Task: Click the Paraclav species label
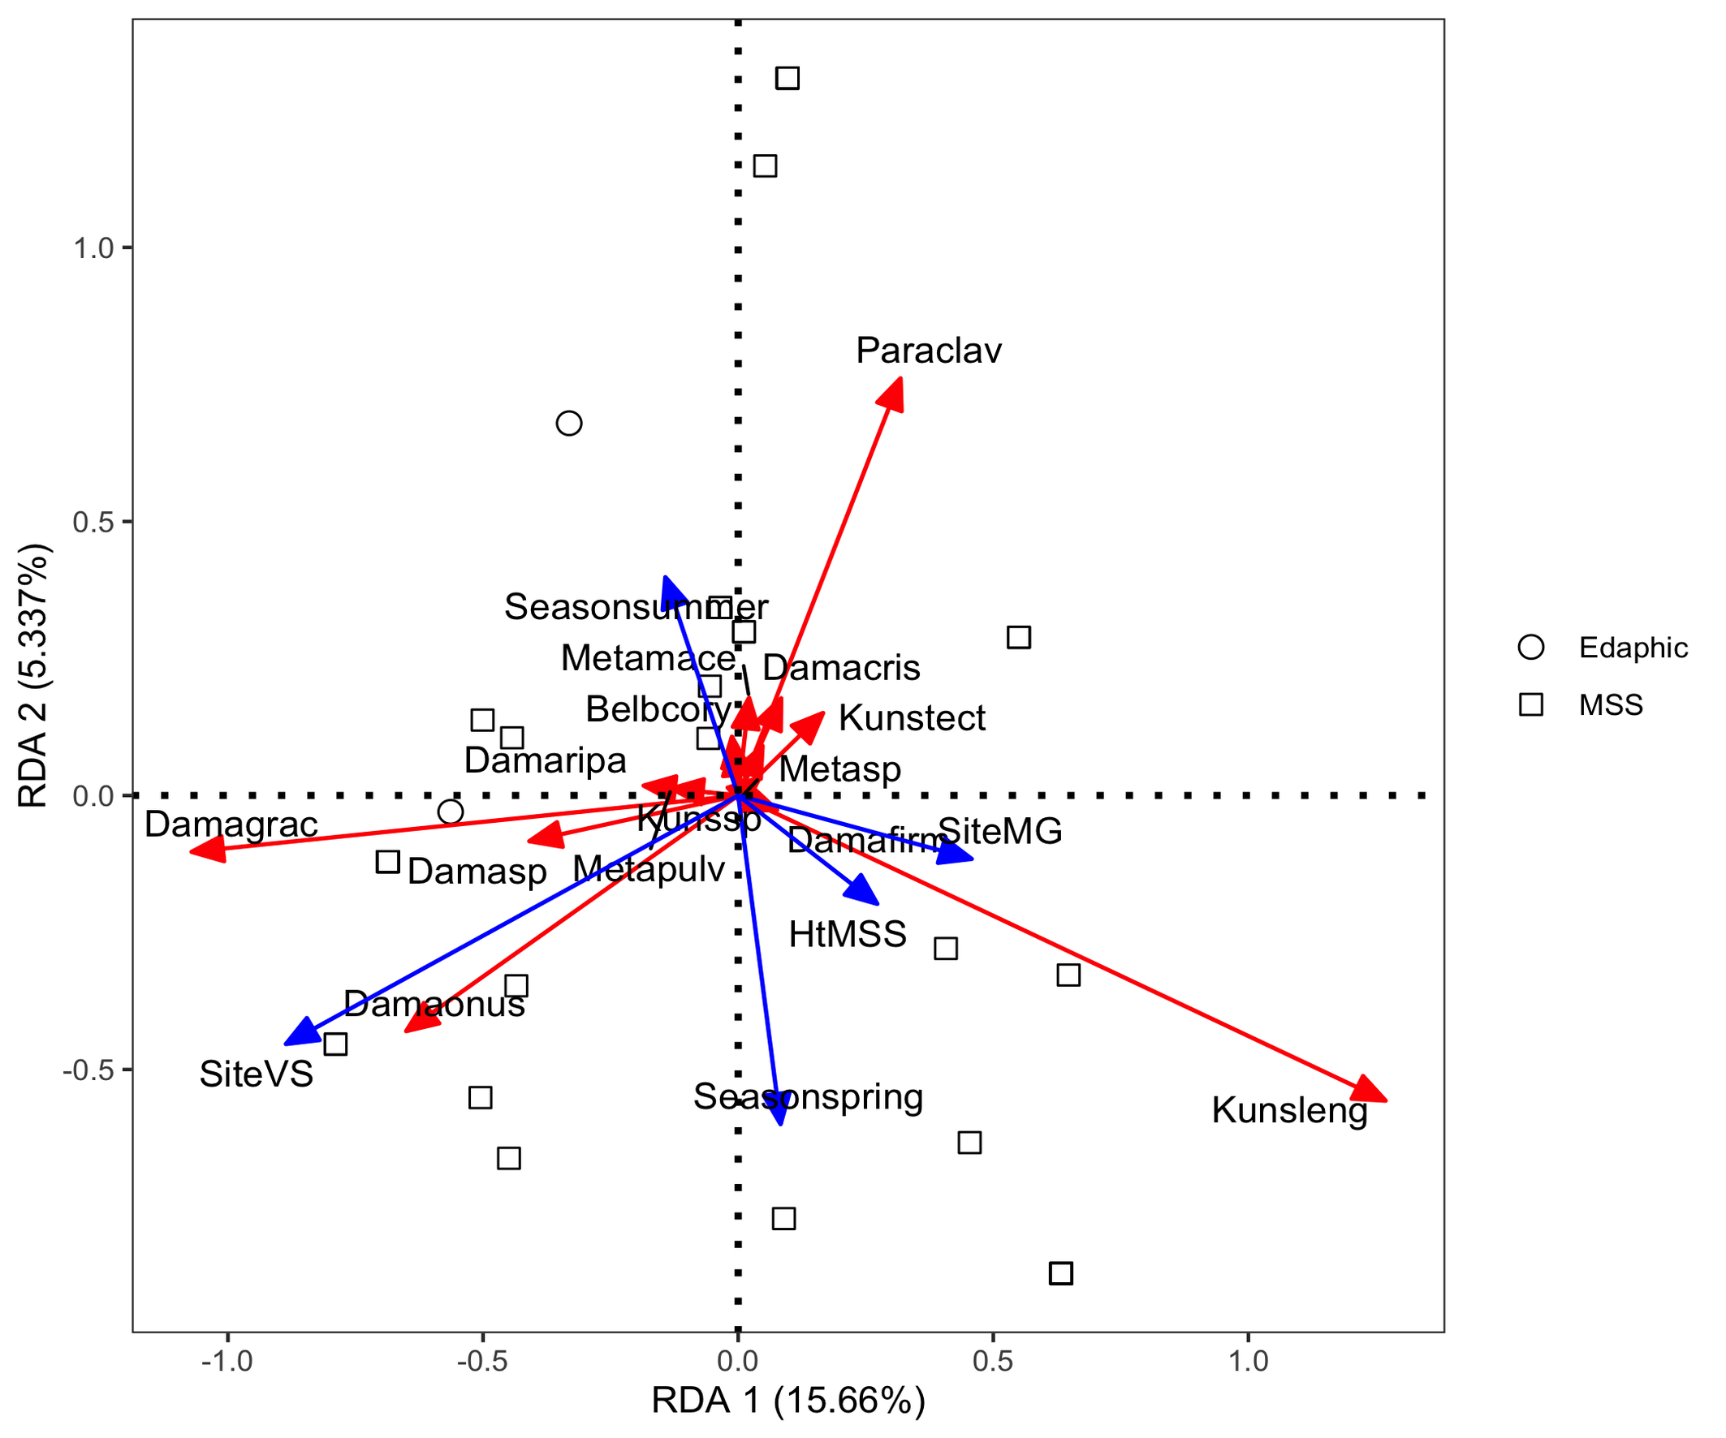[928, 351]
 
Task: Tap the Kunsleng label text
[1288, 1111]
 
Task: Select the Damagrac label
[231, 825]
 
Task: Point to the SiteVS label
[257, 1074]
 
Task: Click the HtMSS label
[848, 935]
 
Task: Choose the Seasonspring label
[808, 1097]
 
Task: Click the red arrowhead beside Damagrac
[205, 849]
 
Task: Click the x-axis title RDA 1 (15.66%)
[788, 1401]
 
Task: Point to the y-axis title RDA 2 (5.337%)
[35, 675]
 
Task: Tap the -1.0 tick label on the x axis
[227, 1362]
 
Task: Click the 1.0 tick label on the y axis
[93, 248]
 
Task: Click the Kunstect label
[912, 719]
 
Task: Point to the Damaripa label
[545, 761]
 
